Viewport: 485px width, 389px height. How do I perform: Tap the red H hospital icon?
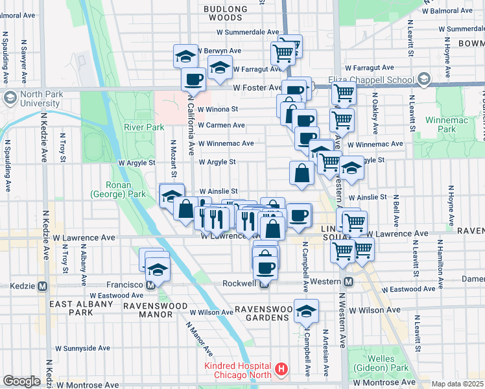coord(281,370)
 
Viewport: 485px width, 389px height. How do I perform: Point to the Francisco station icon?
coord(150,285)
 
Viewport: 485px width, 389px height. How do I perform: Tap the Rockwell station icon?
coord(264,284)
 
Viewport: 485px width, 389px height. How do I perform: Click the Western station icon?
coord(348,281)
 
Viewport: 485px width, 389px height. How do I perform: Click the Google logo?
coord(21,381)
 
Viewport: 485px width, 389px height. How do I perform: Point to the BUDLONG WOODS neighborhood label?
coord(226,13)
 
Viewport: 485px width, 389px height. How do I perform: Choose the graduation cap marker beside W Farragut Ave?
coord(220,67)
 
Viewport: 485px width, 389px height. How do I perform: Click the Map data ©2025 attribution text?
coord(456,384)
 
